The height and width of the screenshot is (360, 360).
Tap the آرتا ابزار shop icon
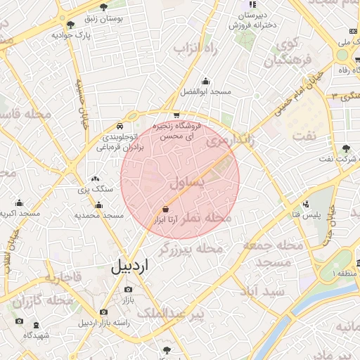[x=165, y=209]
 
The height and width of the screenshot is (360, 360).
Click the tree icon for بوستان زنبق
[x=103, y=8]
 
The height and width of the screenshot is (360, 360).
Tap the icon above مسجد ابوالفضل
[x=205, y=81]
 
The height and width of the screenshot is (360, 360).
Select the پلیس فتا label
[x=308, y=213]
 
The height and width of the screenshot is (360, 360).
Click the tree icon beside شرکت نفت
[x=345, y=148]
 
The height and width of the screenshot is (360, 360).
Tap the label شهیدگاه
[x=37, y=335]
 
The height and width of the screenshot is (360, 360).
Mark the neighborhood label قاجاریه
[x=63, y=278]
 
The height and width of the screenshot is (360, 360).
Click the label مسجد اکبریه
[x=19, y=213]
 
